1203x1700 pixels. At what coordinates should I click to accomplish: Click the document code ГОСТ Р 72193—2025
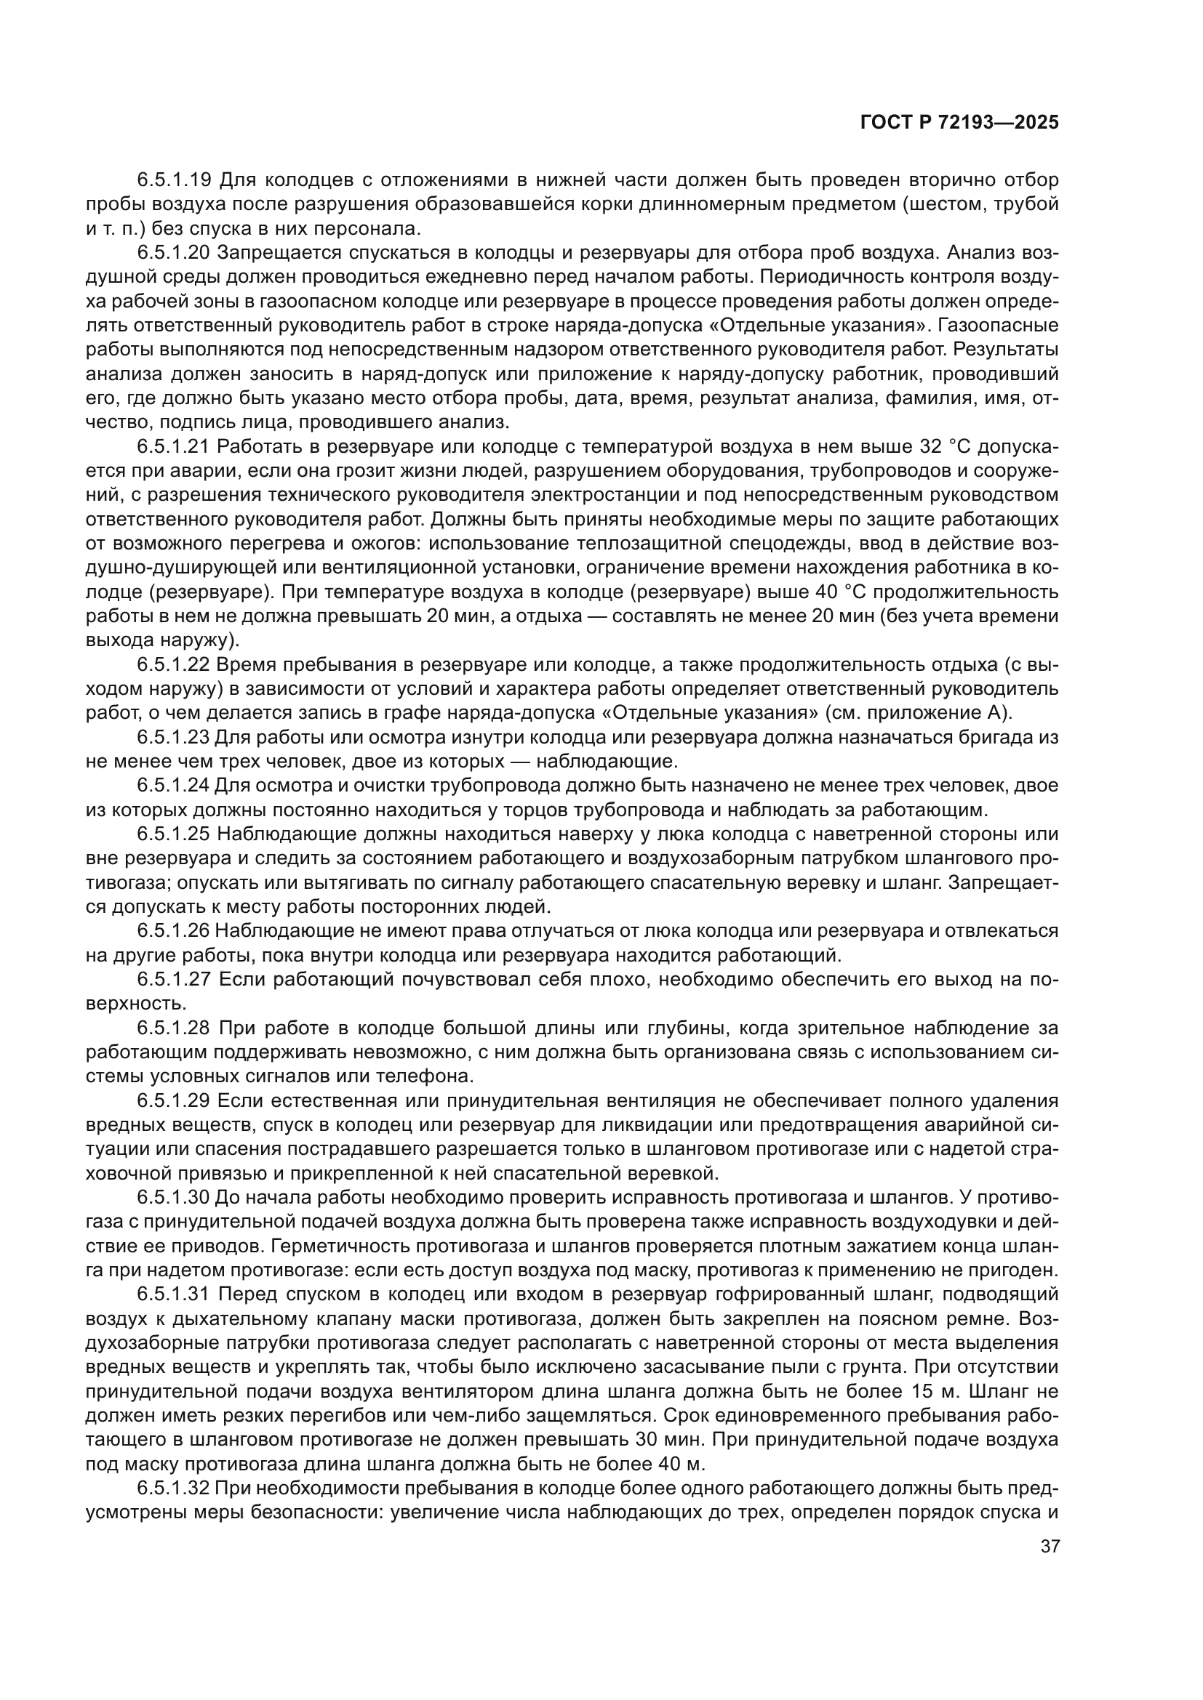pyautogui.click(x=959, y=123)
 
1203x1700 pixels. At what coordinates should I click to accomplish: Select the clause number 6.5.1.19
pyautogui.click(x=174, y=180)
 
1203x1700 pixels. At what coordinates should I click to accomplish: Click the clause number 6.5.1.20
pyautogui.click(x=174, y=253)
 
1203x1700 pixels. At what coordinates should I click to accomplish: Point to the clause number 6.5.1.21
pyautogui.click(x=174, y=447)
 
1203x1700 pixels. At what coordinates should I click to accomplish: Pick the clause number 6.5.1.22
pyautogui.click(x=174, y=666)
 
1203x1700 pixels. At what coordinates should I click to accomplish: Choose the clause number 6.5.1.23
pyautogui.click(x=174, y=738)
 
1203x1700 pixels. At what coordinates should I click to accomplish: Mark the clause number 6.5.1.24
pyautogui.click(x=174, y=786)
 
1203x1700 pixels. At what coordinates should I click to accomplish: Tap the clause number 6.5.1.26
pyautogui.click(x=174, y=932)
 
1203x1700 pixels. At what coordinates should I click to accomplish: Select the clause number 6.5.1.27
pyautogui.click(x=174, y=980)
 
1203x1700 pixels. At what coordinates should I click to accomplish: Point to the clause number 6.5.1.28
pyautogui.click(x=174, y=1028)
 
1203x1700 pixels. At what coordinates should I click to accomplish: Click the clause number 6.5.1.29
pyautogui.click(x=174, y=1101)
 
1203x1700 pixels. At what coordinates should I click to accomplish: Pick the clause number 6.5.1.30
pyautogui.click(x=174, y=1197)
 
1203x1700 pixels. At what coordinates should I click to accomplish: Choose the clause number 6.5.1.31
pyautogui.click(x=174, y=1294)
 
